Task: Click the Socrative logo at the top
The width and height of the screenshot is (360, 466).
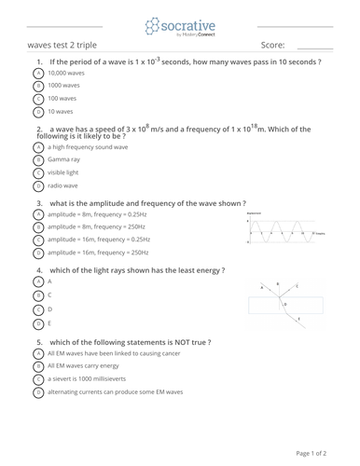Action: [x=179, y=26]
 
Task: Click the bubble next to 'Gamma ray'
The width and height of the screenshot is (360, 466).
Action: [x=38, y=159]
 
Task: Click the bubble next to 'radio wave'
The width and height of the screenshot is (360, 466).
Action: [x=38, y=185]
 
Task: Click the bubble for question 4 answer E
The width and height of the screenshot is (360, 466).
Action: [x=38, y=323]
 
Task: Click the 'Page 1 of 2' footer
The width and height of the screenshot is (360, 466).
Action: [x=311, y=453]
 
